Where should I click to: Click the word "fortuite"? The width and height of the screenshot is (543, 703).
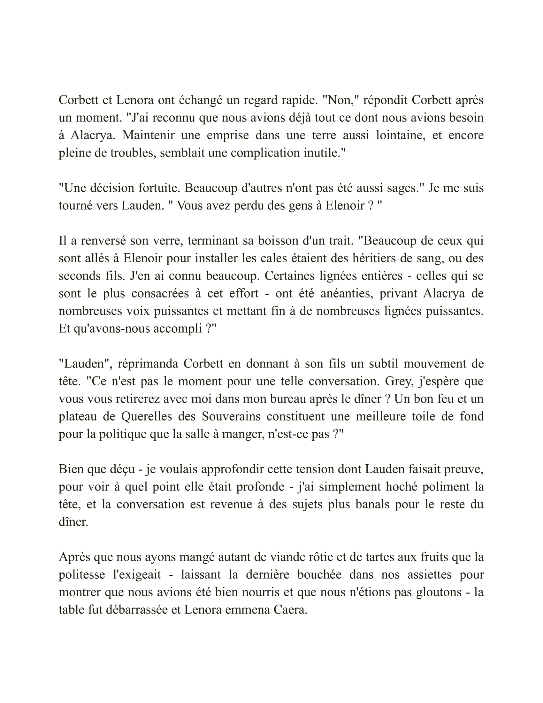coord(158,188)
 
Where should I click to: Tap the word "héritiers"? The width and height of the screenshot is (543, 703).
coord(359,258)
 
